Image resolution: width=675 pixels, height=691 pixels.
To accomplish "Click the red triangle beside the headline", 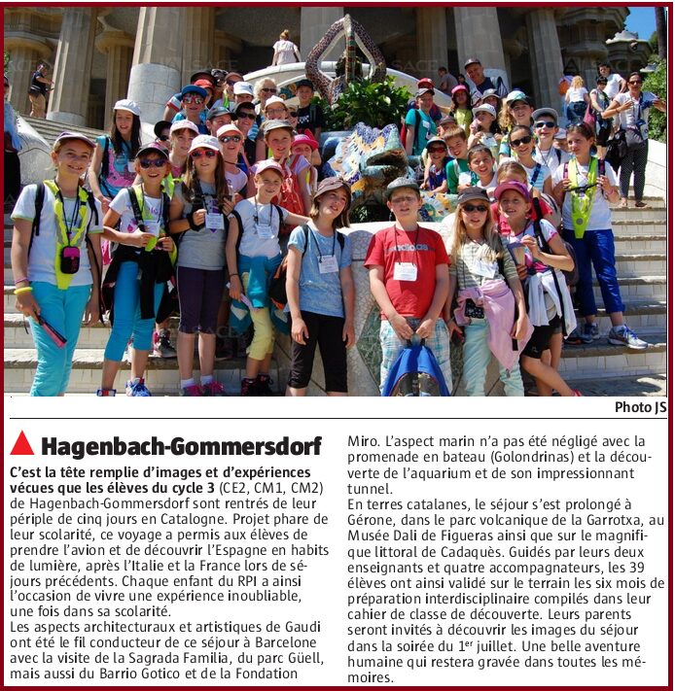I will tap(21, 444).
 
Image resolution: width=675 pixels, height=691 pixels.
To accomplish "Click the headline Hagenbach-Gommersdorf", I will tap(181, 446).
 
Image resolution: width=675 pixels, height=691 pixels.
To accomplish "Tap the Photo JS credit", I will tap(640, 407).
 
